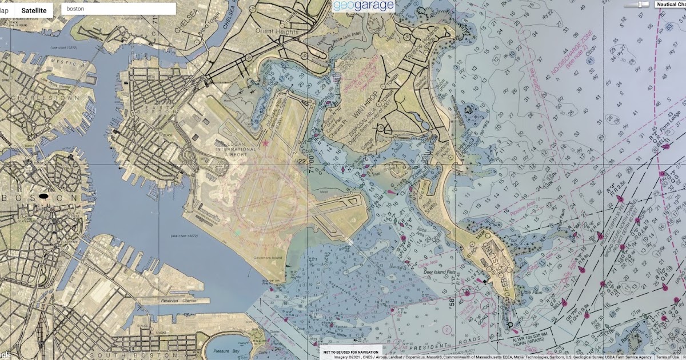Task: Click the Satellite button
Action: click(34, 10)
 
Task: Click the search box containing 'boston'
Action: click(118, 9)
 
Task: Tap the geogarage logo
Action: click(364, 6)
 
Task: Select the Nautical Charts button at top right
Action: click(671, 4)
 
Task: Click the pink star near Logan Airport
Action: click(265, 143)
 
